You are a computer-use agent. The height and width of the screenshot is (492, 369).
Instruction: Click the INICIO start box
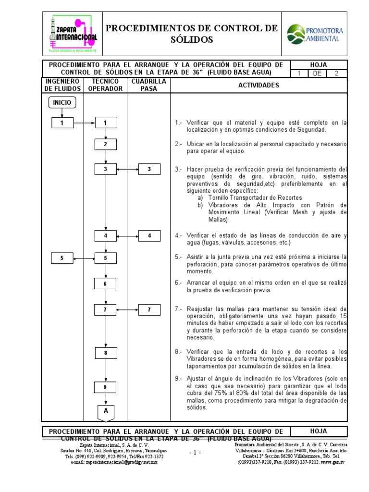tap(61, 102)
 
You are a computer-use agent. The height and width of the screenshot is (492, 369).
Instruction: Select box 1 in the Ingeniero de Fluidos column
tap(61, 123)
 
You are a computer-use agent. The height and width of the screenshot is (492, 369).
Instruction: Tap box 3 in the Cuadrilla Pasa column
tap(149, 169)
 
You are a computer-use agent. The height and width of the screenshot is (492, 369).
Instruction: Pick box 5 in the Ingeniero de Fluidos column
tap(61, 258)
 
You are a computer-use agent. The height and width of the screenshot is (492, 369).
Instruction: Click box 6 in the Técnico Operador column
tap(106, 284)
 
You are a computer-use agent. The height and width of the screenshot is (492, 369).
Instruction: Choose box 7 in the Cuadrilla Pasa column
tap(149, 310)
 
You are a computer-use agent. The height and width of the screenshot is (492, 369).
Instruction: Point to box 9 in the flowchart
tap(106, 387)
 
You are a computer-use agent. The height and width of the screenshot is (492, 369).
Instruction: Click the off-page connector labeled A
tap(106, 412)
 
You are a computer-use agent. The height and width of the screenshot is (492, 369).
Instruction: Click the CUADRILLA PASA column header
tap(149, 85)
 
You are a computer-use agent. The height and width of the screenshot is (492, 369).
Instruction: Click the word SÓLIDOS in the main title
tap(191, 39)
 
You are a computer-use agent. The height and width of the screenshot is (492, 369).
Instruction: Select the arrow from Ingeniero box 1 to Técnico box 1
tap(84, 123)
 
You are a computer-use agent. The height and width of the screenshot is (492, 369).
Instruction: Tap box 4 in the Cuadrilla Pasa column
tap(149, 236)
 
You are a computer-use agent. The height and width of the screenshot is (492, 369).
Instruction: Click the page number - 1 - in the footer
tap(195, 453)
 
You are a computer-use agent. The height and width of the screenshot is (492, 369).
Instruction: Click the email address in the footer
tap(121, 461)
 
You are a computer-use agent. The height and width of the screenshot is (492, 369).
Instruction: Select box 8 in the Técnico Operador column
tap(106, 354)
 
